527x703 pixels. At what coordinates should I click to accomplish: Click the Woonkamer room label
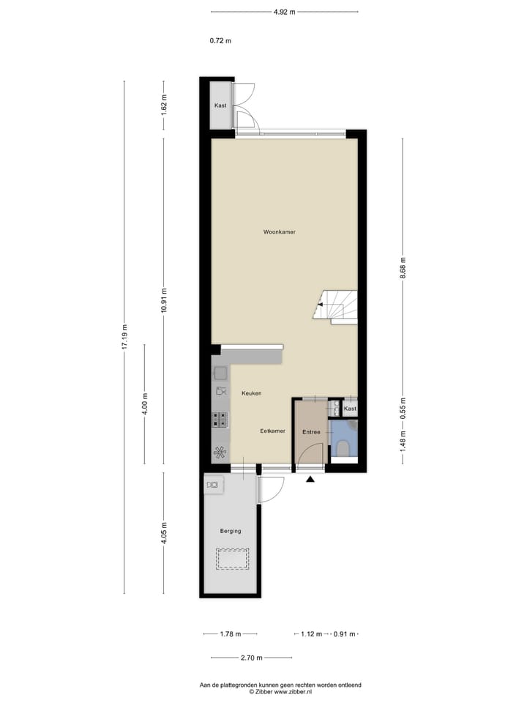click(x=280, y=232)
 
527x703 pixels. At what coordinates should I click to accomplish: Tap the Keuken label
click(x=251, y=393)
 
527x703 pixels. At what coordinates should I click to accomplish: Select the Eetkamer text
click(x=272, y=431)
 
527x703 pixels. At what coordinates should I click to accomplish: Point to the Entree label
click(x=311, y=432)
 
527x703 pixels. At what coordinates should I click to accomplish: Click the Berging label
click(x=231, y=531)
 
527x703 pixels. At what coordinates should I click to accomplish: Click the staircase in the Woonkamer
click(x=337, y=306)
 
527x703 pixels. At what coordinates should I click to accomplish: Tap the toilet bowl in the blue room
click(x=343, y=448)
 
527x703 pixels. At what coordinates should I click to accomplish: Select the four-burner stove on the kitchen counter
click(x=220, y=420)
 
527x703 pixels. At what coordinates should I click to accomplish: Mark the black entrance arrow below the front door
click(x=310, y=480)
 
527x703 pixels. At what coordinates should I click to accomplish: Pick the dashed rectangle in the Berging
click(x=233, y=559)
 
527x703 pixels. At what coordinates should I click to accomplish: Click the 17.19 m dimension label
click(x=124, y=337)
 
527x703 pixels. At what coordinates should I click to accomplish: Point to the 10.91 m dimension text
click(x=164, y=299)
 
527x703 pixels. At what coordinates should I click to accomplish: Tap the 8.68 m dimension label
click(x=403, y=261)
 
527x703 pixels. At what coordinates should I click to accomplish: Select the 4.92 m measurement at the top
click(x=284, y=12)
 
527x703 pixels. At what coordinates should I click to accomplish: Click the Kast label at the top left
click(x=220, y=106)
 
